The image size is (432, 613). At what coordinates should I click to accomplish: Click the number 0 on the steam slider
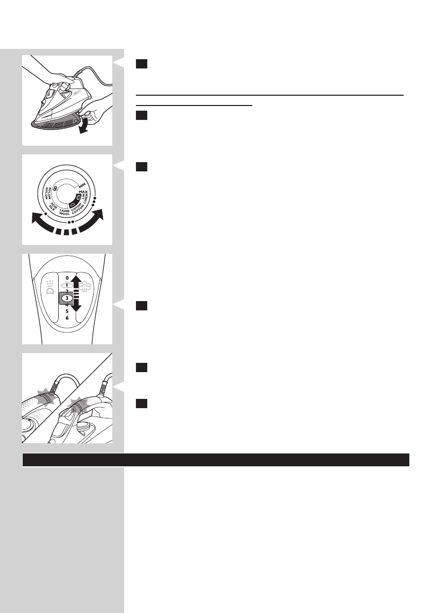(x=67, y=277)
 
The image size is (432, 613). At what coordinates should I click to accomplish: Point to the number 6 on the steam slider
(x=67, y=318)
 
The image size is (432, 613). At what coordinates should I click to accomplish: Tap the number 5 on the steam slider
(x=67, y=311)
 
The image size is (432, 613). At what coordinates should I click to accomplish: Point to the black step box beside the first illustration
(x=142, y=64)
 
